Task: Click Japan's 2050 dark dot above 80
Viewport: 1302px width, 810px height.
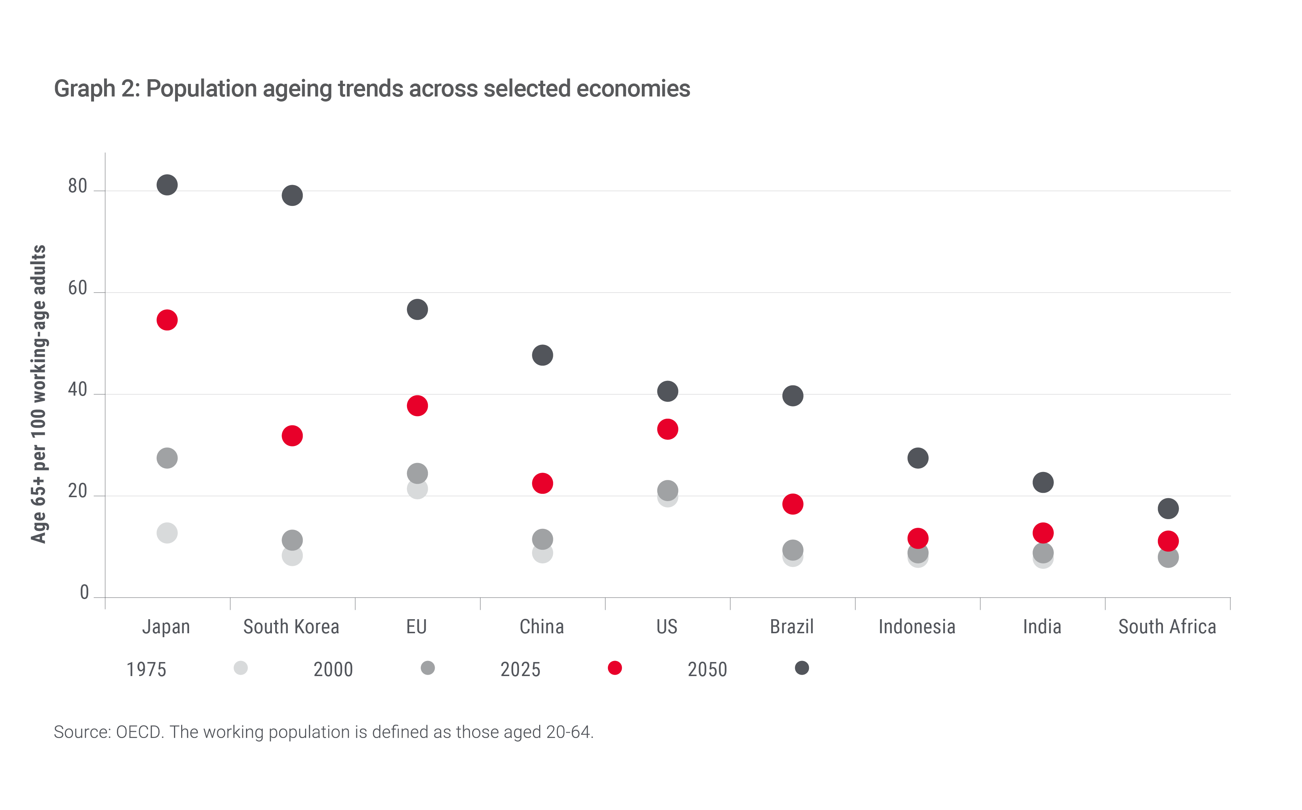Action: point(167,185)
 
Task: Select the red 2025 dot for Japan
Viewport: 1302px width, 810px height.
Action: point(167,320)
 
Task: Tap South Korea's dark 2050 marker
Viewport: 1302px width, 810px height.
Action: point(292,195)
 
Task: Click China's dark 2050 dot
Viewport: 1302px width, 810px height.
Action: point(542,355)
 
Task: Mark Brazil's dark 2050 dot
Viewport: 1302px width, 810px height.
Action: point(792,396)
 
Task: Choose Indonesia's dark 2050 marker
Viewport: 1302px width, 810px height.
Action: point(918,458)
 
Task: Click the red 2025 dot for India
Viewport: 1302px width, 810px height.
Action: point(1043,533)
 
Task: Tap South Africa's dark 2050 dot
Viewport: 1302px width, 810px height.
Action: point(1168,508)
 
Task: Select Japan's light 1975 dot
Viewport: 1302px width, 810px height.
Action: point(167,533)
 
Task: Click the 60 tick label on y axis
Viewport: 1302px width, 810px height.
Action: point(78,289)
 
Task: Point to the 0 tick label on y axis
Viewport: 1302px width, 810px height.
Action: point(84,593)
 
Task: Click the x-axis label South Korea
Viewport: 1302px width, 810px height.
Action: point(291,627)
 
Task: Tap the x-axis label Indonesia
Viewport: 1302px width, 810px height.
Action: point(917,627)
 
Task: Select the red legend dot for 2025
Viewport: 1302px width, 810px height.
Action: point(614,668)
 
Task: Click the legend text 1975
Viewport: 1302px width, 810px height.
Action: point(146,670)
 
